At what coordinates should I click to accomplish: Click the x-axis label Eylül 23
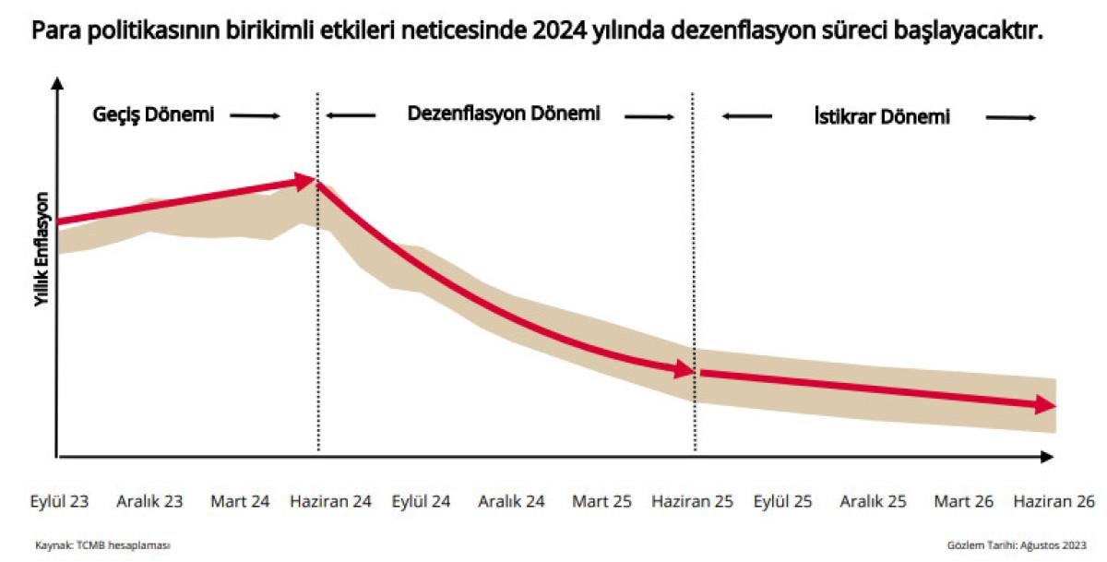tap(61, 502)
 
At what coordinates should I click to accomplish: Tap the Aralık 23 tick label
tap(149, 502)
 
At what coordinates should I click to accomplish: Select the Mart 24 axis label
tap(240, 502)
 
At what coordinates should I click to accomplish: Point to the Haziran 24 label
tap(330, 502)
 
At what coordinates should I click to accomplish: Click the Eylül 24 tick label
tap(422, 502)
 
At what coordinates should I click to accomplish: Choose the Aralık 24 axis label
tap(511, 502)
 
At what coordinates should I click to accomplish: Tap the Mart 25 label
tap(601, 502)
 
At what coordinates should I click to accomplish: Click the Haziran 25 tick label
tap(692, 502)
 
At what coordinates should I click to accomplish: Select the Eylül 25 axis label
tap(783, 502)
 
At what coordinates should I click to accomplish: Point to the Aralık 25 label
tap(873, 502)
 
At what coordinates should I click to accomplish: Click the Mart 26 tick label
tap(963, 502)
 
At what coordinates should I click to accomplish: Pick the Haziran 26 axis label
tap(1053, 502)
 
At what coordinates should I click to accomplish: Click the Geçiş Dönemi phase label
tap(153, 115)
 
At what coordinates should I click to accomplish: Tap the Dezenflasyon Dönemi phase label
tap(504, 114)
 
